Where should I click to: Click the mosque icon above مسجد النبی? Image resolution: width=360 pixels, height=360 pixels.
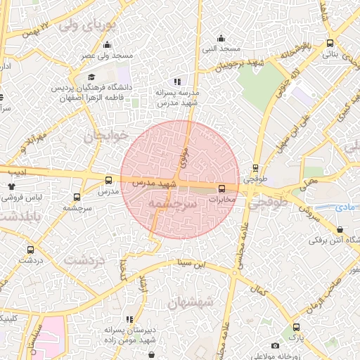tap(221, 38)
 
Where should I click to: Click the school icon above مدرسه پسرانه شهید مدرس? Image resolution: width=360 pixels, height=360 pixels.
tap(177, 82)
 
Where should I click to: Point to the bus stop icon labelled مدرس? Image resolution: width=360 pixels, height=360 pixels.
tap(108, 180)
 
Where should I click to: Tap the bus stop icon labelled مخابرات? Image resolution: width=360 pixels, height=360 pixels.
tap(221, 188)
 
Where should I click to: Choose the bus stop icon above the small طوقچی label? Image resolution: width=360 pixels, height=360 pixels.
tap(255, 169)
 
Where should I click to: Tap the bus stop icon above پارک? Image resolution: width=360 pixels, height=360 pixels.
tap(296, 327)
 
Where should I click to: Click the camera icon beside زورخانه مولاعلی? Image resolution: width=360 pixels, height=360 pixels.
tap(274, 345)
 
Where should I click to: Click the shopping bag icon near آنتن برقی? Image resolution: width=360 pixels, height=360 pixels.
tap(340, 229)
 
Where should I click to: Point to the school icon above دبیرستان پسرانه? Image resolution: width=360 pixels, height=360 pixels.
tap(127, 319)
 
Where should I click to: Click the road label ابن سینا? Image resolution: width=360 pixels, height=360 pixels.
tap(193, 265)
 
